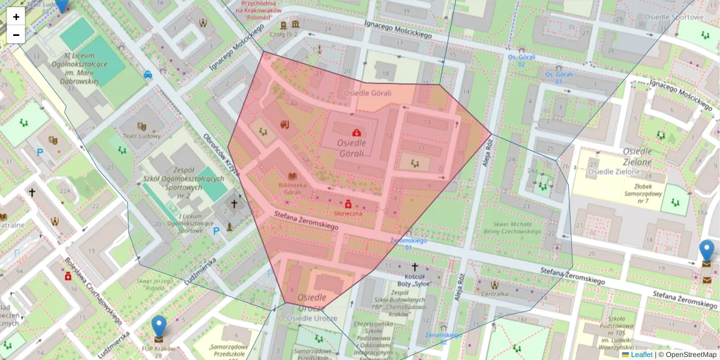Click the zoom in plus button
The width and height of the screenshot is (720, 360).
[x=16, y=17]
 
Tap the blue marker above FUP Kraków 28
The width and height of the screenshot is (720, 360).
[x=158, y=327]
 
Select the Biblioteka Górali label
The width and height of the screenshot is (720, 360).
[x=293, y=189]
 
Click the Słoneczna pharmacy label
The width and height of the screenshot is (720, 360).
[x=348, y=213]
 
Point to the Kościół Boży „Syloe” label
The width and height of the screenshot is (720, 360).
[x=414, y=280]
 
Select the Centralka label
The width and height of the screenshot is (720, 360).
[x=495, y=294]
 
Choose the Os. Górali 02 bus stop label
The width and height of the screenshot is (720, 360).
[x=517, y=60]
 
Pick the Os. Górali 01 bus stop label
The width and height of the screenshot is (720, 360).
[x=557, y=77]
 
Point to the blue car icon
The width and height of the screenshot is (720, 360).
[x=148, y=75]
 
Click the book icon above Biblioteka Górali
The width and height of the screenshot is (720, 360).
[x=293, y=176]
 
